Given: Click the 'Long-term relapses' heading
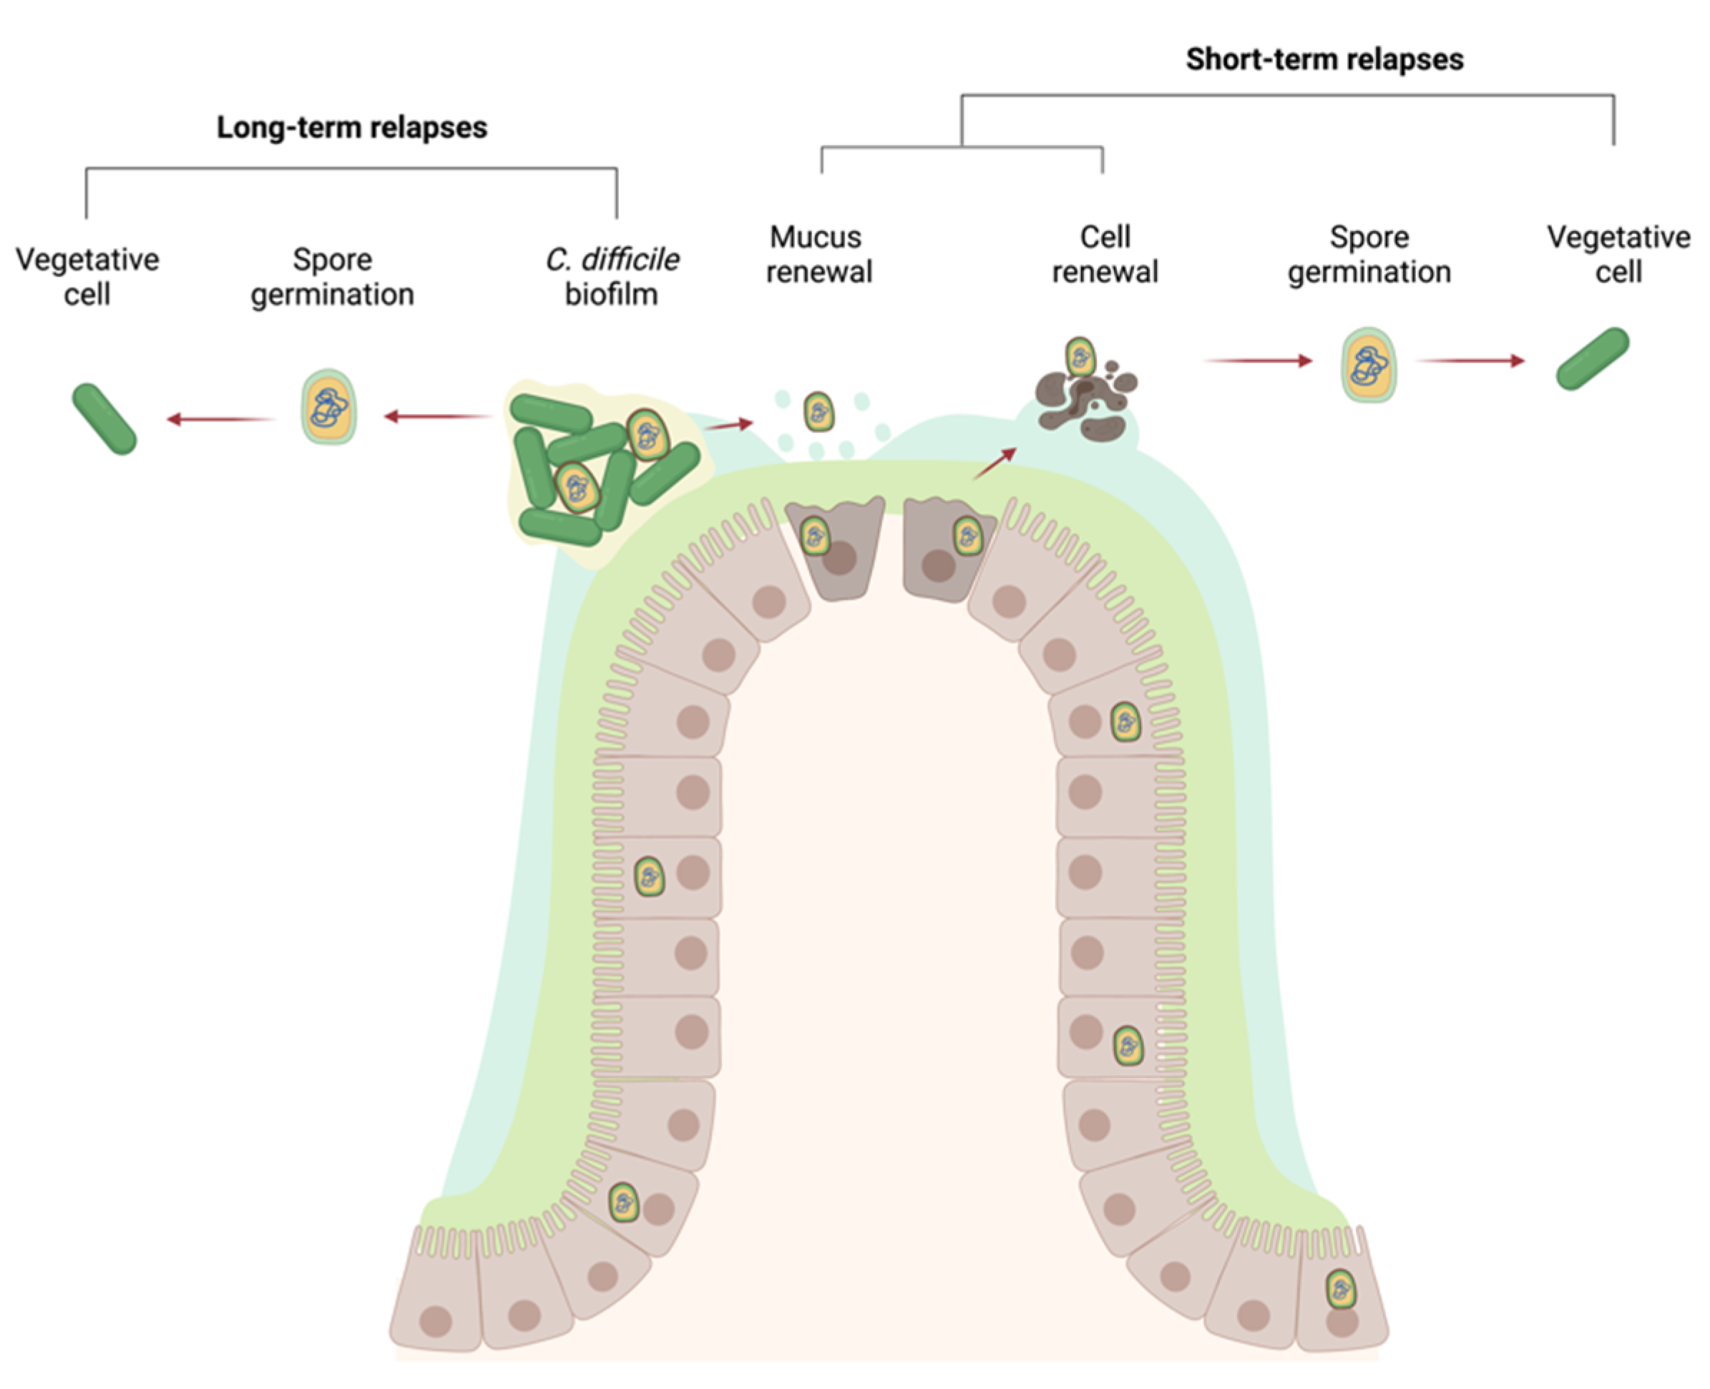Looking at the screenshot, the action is tap(352, 128).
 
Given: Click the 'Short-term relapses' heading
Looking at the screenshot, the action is tap(1324, 60).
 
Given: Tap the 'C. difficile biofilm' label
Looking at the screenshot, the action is tap(612, 277).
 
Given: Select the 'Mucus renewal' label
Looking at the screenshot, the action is tap(819, 255).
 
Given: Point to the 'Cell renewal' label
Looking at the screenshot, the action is tap(1105, 255).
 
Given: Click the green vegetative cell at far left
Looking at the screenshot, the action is tap(105, 419).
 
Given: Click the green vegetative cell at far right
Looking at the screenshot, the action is tap(1593, 359).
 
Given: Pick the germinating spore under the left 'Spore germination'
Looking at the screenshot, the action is tap(329, 407).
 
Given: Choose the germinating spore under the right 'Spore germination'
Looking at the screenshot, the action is tap(1369, 365).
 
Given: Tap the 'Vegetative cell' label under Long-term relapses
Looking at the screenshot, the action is tap(87, 277).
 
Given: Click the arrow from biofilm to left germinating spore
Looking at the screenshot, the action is tap(439, 416).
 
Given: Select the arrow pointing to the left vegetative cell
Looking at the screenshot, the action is tap(221, 418).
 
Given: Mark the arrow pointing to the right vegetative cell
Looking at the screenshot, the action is tap(1471, 361).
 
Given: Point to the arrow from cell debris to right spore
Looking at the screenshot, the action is tap(1258, 361).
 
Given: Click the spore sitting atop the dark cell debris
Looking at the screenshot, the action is tap(1080, 357).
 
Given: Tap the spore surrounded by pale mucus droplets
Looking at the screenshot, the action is tap(819, 412).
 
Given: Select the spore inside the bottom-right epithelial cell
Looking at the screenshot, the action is tap(1340, 1289).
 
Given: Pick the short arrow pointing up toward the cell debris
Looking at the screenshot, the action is tap(995, 464).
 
